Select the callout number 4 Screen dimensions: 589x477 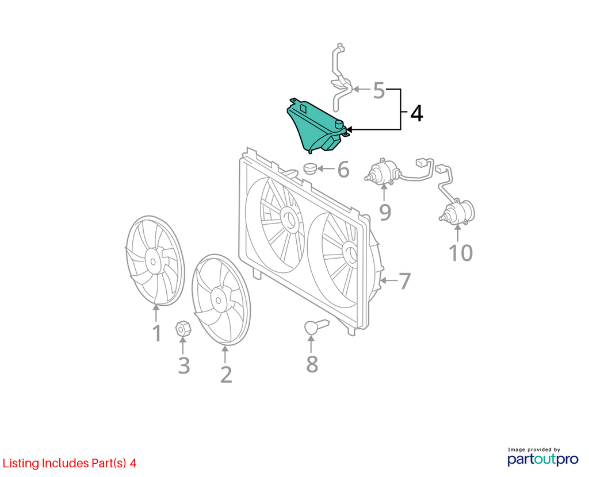[416, 113]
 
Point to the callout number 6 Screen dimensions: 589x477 [343, 170]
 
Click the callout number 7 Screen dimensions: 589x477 [404, 281]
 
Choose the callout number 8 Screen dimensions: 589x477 [312, 364]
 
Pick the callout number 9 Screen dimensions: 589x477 [385, 212]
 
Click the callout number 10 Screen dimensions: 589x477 [461, 253]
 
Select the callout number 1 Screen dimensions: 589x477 [157, 333]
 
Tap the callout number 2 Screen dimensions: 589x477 [225, 374]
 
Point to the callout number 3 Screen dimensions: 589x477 [183, 366]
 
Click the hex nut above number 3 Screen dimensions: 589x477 [183, 329]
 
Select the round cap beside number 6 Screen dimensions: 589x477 [310, 168]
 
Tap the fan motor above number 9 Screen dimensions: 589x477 [382, 172]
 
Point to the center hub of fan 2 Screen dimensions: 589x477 [219, 299]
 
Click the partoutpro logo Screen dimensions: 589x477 [543, 456]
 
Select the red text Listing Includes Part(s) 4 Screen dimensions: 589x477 [70, 463]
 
